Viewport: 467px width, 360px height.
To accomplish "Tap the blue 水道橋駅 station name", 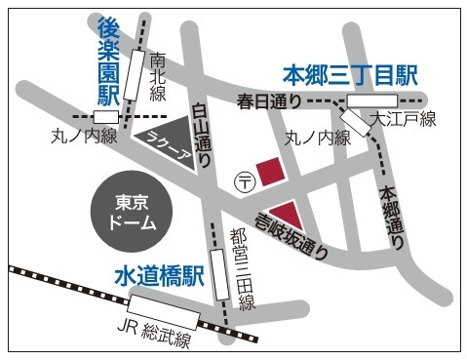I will click(157, 277).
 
